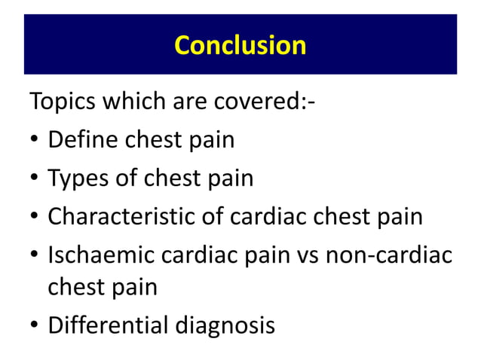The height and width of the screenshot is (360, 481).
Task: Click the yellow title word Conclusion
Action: point(240,45)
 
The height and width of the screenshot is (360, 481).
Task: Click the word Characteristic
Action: point(126,217)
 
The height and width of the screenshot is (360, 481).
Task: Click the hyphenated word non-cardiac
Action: point(389,256)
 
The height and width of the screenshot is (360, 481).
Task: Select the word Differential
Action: point(105,326)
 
